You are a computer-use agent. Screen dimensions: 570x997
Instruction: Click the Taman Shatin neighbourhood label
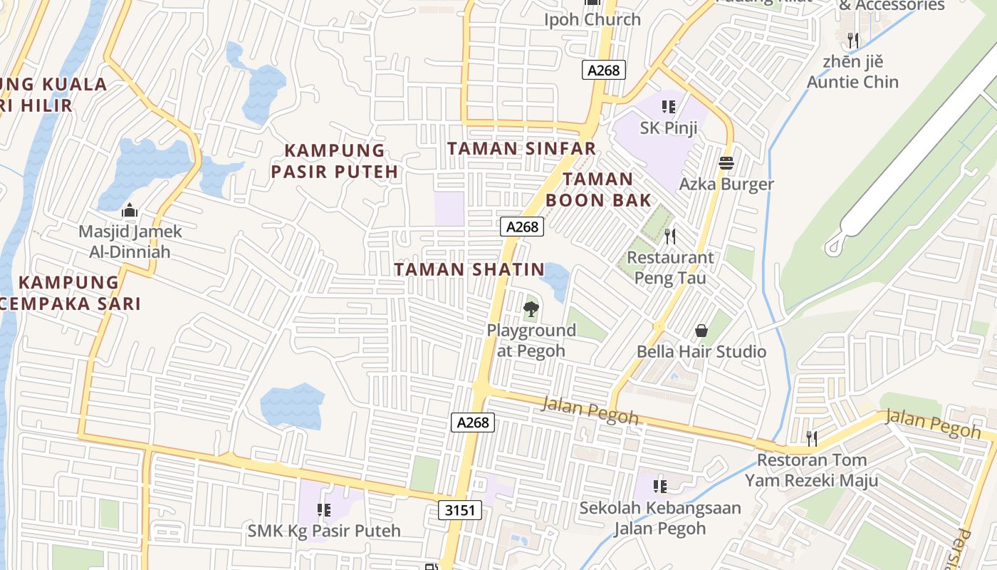coord(469,270)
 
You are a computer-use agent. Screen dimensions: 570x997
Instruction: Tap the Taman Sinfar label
coord(521,149)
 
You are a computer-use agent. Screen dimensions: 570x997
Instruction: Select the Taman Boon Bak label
coord(598,190)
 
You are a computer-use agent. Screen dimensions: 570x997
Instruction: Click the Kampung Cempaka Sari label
coord(69,293)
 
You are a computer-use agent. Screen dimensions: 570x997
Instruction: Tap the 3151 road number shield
coord(459,510)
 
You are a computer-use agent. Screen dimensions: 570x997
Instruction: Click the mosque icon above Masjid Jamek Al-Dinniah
coord(130,210)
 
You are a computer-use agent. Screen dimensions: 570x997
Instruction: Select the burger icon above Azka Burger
coord(726,163)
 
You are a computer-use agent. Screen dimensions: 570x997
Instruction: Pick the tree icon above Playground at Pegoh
coord(531,309)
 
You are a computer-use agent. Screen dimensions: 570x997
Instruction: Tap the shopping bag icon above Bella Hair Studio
coord(701,331)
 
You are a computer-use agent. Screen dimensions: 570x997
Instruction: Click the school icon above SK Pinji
coord(668,107)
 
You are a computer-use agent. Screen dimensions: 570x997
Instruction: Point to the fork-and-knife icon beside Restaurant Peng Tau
coord(669,236)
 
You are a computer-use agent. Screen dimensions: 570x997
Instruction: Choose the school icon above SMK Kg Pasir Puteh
coord(324,510)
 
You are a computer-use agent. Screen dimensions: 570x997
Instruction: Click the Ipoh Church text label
coord(593,20)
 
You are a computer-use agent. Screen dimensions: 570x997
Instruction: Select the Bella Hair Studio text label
coord(701,351)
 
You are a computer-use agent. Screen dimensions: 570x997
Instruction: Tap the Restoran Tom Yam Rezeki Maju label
coord(811,470)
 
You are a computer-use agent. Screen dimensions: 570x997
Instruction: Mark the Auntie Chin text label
coord(852,82)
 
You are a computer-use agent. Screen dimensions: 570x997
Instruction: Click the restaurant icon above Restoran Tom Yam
coord(811,437)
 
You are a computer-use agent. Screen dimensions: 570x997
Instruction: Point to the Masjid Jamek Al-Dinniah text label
coord(130,242)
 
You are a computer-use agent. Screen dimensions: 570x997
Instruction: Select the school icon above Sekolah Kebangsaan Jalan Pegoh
coord(660,487)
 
